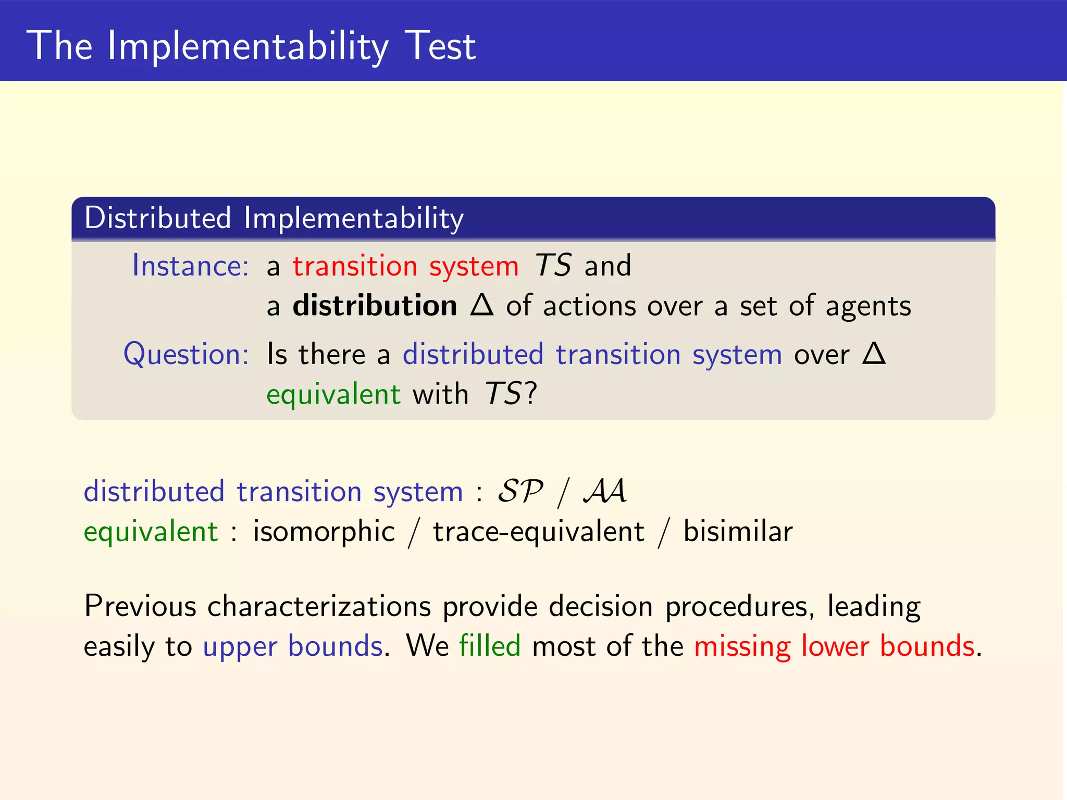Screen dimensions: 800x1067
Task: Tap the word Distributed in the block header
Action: pyautogui.click(x=157, y=218)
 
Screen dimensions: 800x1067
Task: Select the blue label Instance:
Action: pyautogui.click(x=190, y=266)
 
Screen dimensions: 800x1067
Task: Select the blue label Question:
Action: pyautogui.click(x=186, y=354)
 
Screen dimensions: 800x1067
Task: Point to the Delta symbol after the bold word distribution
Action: pyautogui.click(x=481, y=305)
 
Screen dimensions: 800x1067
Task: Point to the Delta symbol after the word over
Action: pyautogui.click(x=874, y=354)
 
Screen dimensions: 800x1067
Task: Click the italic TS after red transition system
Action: pyautogui.click(x=553, y=266)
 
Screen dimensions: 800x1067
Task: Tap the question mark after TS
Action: pyautogui.click(x=530, y=394)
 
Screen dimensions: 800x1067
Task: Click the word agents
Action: pyautogui.click(x=868, y=306)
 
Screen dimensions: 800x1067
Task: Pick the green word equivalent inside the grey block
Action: pyautogui.click(x=333, y=394)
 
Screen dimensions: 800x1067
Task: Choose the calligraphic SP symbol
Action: pyautogui.click(x=520, y=491)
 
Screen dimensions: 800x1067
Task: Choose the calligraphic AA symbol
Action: pyautogui.click(x=605, y=491)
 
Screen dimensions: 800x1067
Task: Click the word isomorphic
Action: pyautogui.click(x=324, y=532)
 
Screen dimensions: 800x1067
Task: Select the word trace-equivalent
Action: pyautogui.click(x=539, y=532)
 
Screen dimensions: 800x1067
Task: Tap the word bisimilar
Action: pyautogui.click(x=738, y=532)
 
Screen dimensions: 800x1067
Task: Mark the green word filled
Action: pyautogui.click(x=490, y=646)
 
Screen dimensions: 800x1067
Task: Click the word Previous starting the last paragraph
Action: pyautogui.click(x=140, y=606)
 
